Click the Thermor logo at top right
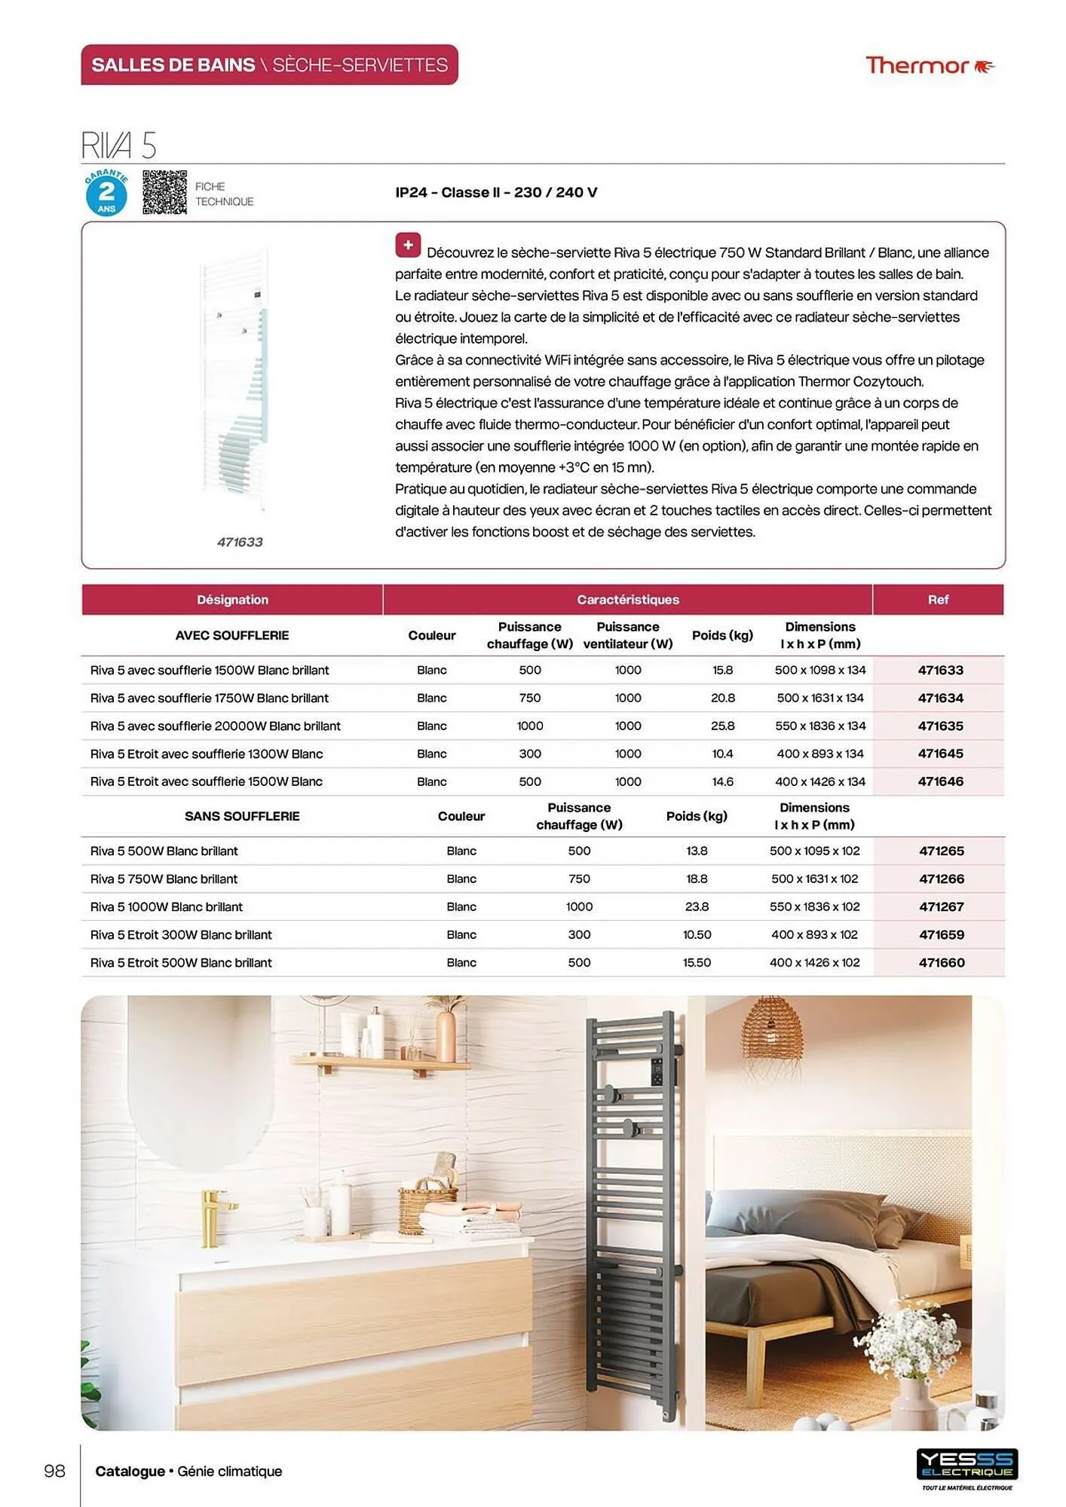click(x=929, y=66)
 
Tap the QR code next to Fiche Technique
click(x=164, y=192)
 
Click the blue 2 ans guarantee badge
click(x=106, y=194)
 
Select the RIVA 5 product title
click(x=119, y=145)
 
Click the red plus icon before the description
click(x=408, y=245)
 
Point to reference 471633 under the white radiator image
click(x=240, y=542)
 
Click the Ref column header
click(x=938, y=600)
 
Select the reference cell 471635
click(x=940, y=726)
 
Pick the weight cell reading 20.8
click(x=722, y=698)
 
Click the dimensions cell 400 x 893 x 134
click(x=820, y=753)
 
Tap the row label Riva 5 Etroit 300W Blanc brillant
click(x=181, y=934)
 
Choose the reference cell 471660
click(x=941, y=962)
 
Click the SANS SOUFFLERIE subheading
click(x=242, y=816)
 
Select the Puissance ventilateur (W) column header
click(x=628, y=635)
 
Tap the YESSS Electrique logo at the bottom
click(x=966, y=1466)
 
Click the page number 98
click(x=55, y=1471)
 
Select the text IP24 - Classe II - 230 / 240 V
click(x=496, y=192)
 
